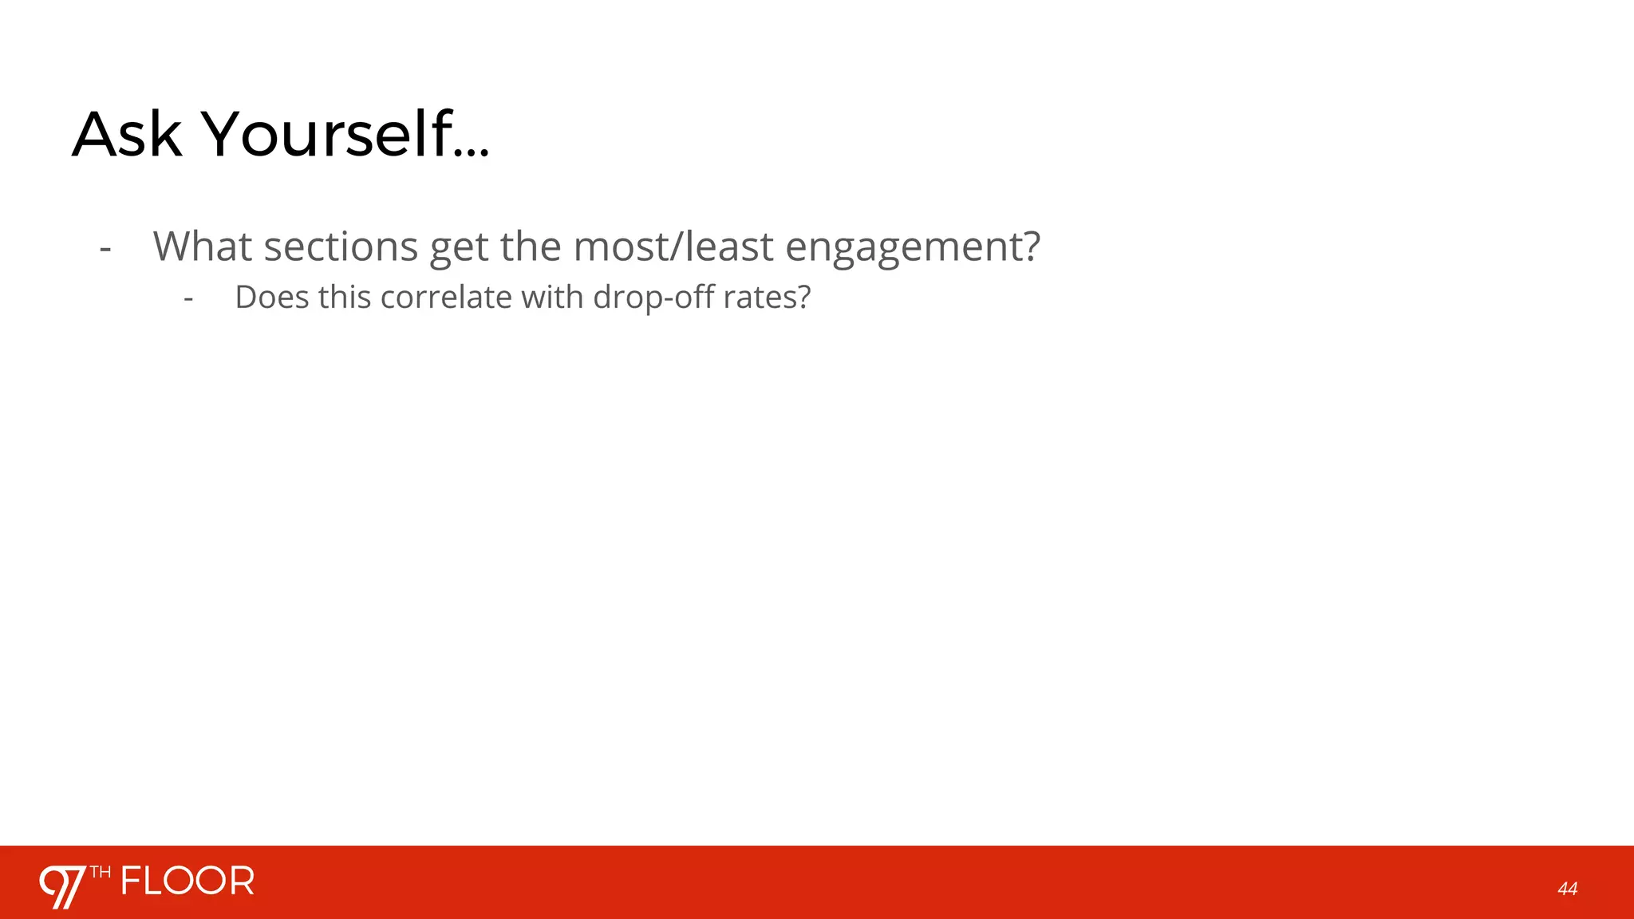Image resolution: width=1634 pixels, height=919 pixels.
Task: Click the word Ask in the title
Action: [x=127, y=135]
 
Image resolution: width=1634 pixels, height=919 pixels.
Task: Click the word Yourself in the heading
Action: [x=326, y=135]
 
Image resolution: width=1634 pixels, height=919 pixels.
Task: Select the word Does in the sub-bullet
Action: [x=271, y=298]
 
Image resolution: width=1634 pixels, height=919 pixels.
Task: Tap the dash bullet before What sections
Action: [x=105, y=249]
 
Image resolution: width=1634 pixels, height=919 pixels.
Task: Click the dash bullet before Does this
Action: [x=188, y=300]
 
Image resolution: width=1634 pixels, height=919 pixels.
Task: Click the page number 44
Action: [x=1567, y=889]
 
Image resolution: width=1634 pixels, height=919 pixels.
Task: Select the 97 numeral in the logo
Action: [x=62, y=886]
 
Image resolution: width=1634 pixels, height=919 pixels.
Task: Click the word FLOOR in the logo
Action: [x=187, y=882]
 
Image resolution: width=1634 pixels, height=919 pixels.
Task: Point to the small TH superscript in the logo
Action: [x=100, y=873]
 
